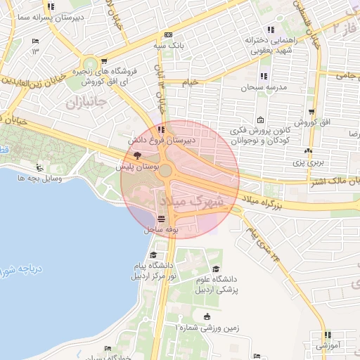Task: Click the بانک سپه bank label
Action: [x=169, y=46]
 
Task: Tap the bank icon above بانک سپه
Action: [x=167, y=34]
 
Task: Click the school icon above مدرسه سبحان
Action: [x=264, y=77]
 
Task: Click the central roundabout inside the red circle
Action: [x=166, y=170]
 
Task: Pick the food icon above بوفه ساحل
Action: [x=162, y=219]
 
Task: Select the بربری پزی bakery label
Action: [x=307, y=162]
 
